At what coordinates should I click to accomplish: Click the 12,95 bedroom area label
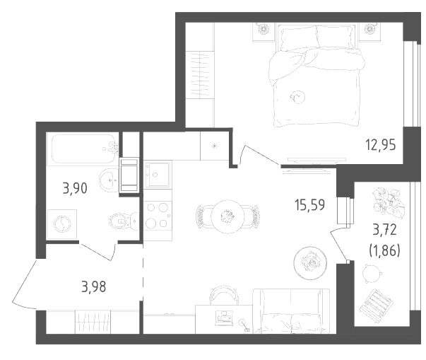[381, 145]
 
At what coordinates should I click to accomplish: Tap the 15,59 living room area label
[309, 204]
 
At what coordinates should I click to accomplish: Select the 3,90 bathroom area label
[75, 188]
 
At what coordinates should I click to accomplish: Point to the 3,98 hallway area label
[93, 286]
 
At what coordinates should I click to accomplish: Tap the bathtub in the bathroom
[83, 149]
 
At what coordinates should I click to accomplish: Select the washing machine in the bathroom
[62, 224]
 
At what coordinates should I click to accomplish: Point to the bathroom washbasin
[110, 179]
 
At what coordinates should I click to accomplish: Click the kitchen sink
[158, 175]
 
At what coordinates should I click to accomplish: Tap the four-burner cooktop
[158, 215]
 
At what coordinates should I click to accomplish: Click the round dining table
[227, 216]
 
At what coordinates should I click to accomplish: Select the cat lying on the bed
[297, 96]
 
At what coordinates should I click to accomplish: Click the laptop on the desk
[224, 318]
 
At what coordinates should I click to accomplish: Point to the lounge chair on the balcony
[377, 305]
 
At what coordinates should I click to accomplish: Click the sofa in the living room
[291, 310]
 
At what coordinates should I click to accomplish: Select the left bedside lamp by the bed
[263, 28]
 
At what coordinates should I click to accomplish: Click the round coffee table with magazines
[310, 262]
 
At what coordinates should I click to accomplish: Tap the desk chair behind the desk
[224, 296]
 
